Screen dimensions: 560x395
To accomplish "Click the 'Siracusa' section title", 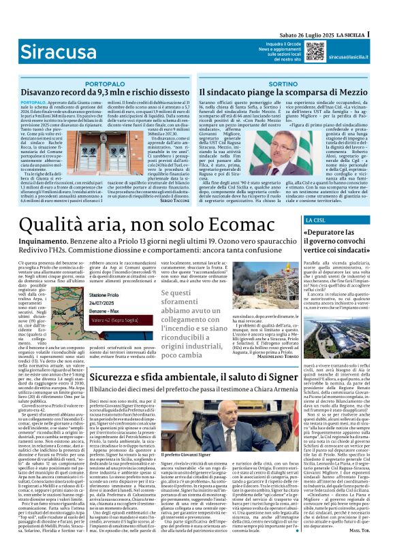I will pos(53,51).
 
